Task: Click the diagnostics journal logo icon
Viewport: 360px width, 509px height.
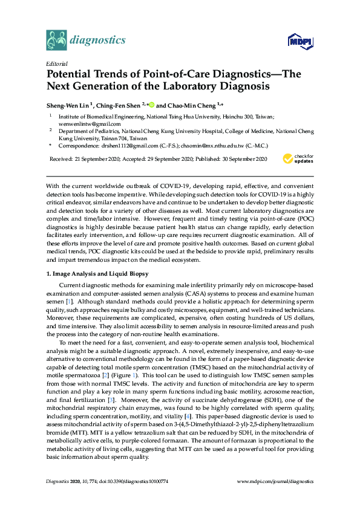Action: click(x=57, y=41)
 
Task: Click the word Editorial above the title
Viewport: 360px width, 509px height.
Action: click(x=56, y=63)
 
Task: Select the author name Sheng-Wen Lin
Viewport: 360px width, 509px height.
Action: click(x=67, y=104)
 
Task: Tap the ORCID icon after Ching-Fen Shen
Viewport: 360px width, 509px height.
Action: click(x=151, y=104)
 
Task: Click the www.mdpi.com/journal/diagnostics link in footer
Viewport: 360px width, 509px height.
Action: click(x=276, y=481)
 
